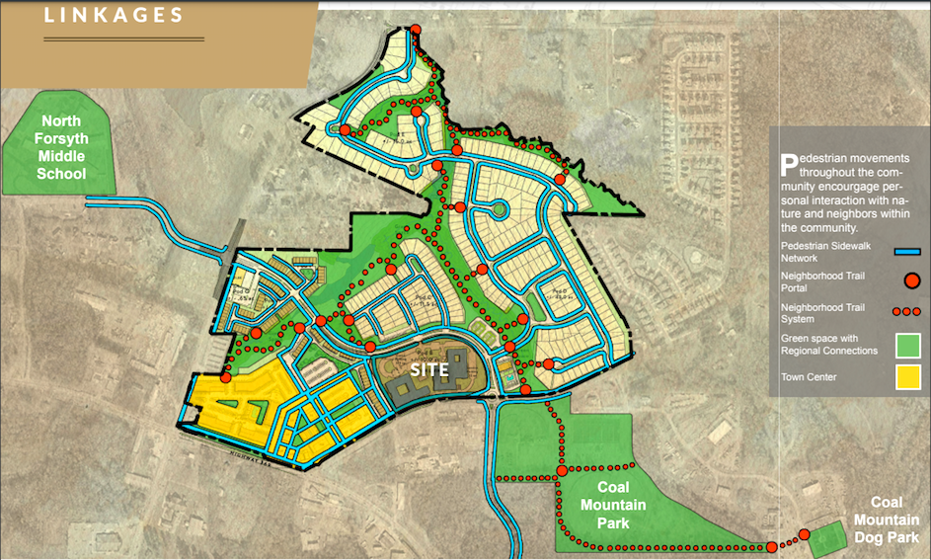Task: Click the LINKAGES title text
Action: tap(114, 15)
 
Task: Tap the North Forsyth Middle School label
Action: tap(61, 157)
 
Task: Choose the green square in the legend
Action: tap(908, 345)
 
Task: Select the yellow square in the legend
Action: tap(908, 377)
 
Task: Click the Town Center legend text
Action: tap(809, 377)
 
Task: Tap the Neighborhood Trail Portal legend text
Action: tap(824, 281)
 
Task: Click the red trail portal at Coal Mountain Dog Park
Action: tap(804, 534)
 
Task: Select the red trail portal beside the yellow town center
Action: tap(226, 378)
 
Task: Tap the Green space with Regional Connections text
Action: tap(827, 345)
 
